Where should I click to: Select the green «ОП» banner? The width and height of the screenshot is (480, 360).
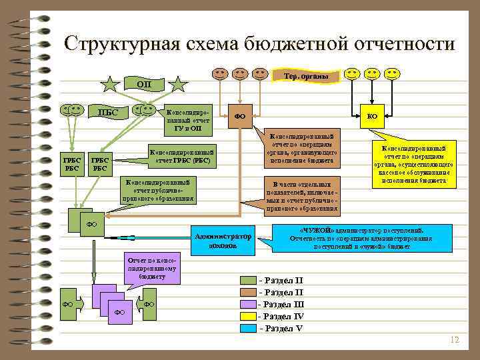click(144, 85)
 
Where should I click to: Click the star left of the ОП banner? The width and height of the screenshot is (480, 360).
click(110, 85)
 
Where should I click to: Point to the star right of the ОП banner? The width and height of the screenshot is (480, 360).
click(178, 85)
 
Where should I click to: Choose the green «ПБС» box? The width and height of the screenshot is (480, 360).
click(108, 112)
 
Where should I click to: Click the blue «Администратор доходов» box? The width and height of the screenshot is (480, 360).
click(222, 241)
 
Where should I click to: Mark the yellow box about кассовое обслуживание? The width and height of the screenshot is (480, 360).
click(417, 163)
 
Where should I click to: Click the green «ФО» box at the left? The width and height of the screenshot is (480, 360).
click(91, 224)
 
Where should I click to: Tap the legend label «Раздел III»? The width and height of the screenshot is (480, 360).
click(284, 304)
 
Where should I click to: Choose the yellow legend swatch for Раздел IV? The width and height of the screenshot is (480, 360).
click(248, 317)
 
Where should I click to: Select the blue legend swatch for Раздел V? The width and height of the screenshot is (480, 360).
click(248, 329)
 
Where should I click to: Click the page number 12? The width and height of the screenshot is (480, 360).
click(455, 340)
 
